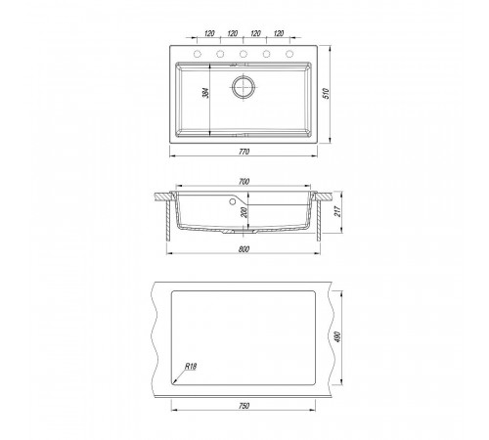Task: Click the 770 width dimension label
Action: click(x=244, y=152)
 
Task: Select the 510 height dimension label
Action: click(x=327, y=94)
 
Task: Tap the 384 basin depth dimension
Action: click(x=205, y=93)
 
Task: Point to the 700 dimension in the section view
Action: click(x=244, y=182)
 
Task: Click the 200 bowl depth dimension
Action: click(x=245, y=212)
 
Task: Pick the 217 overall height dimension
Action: click(x=337, y=212)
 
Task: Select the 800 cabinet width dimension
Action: click(x=244, y=249)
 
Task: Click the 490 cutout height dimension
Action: click(x=337, y=337)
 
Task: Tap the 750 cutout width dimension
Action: click(x=244, y=406)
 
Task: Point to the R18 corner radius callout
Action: click(x=191, y=367)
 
